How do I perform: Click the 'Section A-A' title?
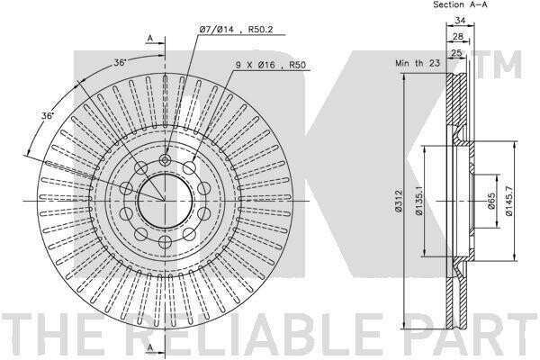tap(460, 4)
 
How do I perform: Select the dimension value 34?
tap(460, 21)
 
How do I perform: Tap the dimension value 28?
tap(458, 37)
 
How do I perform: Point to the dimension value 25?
tap(456, 53)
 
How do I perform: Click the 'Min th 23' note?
tap(418, 63)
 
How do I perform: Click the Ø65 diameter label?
tap(491, 201)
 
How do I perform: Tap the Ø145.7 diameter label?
tap(509, 201)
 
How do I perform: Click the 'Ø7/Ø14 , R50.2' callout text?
tap(236, 30)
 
